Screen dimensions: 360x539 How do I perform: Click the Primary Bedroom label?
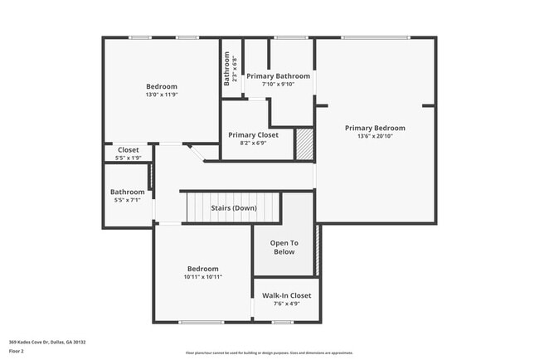(375, 128)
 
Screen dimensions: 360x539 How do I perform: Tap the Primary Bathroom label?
(278, 75)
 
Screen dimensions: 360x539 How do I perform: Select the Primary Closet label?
(253, 134)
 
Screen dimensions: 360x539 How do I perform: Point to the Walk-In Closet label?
(286, 295)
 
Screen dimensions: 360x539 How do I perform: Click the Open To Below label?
(284, 247)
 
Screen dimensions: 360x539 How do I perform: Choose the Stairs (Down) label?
(234, 207)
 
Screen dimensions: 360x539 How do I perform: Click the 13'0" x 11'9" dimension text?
(162, 95)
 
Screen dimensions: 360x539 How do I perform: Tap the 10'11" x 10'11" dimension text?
(202, 277)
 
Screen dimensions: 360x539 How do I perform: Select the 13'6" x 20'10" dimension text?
(375, 136)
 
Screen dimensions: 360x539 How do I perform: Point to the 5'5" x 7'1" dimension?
(127, 200)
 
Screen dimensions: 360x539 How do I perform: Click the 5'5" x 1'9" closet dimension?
(128, 158)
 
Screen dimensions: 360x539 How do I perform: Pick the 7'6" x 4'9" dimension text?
(286, 304)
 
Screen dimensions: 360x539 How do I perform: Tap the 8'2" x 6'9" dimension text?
(253, 143)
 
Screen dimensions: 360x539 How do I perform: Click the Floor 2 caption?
(17, 352)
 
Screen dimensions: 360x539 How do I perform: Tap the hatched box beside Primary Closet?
(304, 143)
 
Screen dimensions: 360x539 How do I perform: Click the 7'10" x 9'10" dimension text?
(278, 84)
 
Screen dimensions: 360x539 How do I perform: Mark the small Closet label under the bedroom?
(128, 150)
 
